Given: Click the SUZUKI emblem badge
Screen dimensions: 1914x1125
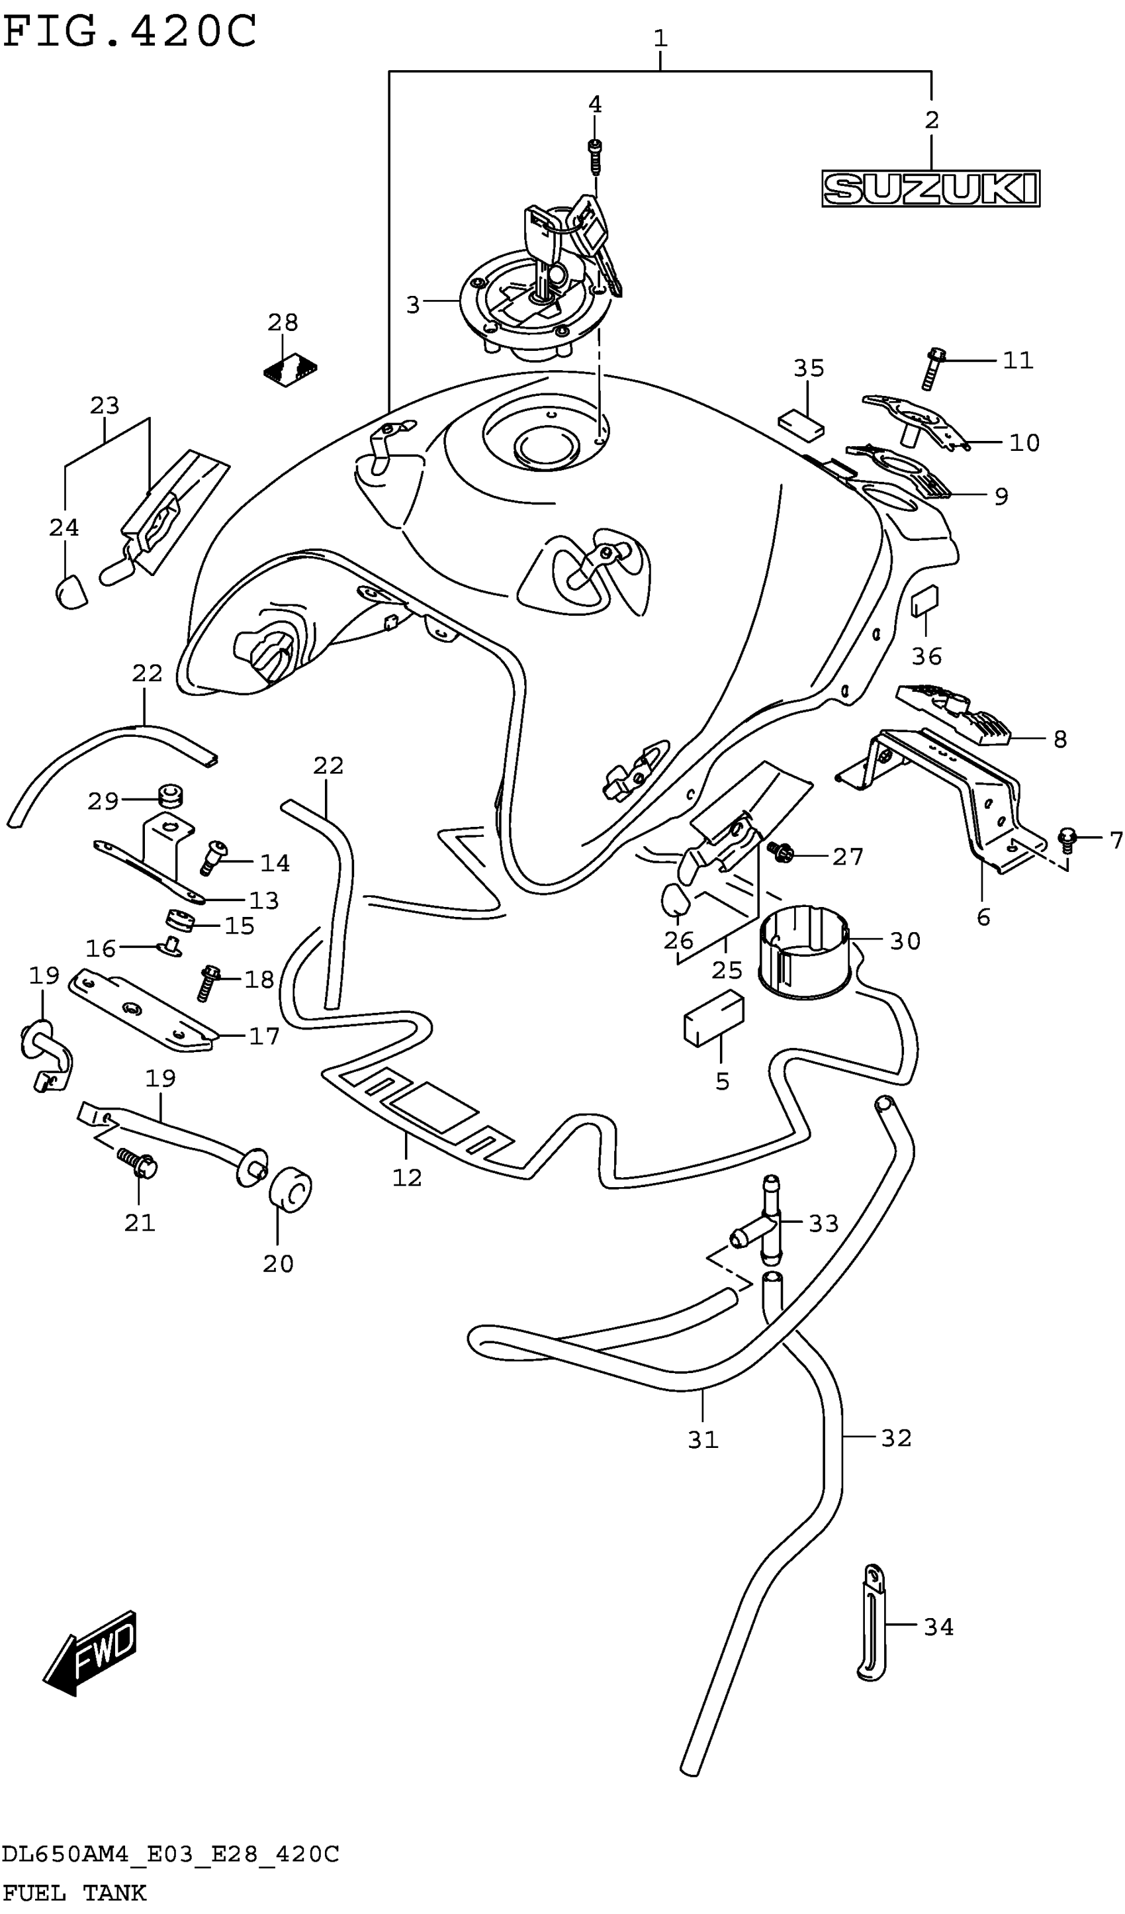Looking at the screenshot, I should pyautogui.click(x=930, y=189).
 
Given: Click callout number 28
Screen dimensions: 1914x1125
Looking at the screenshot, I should pyautogui.click(x=283, y=323).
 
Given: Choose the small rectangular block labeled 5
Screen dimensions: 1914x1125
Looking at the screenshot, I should pyautogui.click(x=713, y=1017).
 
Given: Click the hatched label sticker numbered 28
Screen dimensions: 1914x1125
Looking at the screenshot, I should pyautogui.click(x=290, y=369).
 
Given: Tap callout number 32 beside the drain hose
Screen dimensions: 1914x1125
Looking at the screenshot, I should pyautogui.click(x=896, y=1438).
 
